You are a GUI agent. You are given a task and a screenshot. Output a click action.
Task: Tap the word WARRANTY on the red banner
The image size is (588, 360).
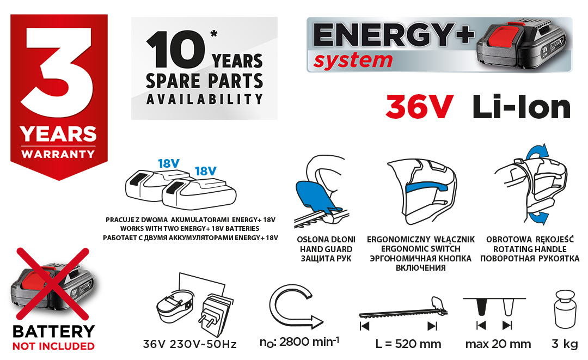click(x=58, y=154)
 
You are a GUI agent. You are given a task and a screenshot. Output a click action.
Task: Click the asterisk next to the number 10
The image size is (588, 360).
click(x=214, y=34)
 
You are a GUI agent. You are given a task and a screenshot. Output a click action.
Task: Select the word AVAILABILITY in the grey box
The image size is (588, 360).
click(x=204, y=99)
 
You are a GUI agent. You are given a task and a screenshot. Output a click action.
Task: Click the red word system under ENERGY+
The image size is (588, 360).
click(x=353, y=61)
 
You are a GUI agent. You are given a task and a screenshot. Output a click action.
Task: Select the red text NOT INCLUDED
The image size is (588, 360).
click(x=53, y=346)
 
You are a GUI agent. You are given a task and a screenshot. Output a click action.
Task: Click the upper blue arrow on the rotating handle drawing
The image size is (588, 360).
click(x=537, y=152)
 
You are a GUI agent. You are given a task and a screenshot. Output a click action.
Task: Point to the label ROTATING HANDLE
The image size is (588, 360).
click(x=530, y=249)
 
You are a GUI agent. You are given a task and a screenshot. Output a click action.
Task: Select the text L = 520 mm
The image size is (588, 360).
click(x=408, y=344)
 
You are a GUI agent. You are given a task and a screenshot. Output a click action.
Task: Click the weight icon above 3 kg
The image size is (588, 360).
click(x=565, y=310)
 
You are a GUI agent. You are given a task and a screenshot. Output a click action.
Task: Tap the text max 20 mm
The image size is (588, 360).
click(x=498, y=344)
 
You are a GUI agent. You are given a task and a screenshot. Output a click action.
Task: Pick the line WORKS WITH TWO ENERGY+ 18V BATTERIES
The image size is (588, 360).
click(x=190, y=228)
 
